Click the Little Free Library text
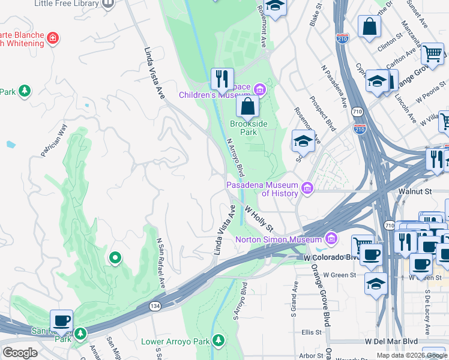pyautogui.click(x=66, y=4)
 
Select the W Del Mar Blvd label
pyautogui.click(x=391, y=341)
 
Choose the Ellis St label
pyautogui.click(x=312, y=332)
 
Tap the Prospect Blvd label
pyautogui.click(x=325, y=115)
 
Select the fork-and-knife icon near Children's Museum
pyautogui.click(x=222, y=79)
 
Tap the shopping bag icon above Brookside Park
pyautogui.click(x=247, y=107)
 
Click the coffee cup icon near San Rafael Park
pyautogui.click(x=61, y=320)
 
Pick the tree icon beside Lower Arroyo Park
pyautogui.click(x=219, y=341)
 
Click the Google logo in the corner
pyautogui.click(x=20, y=353)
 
